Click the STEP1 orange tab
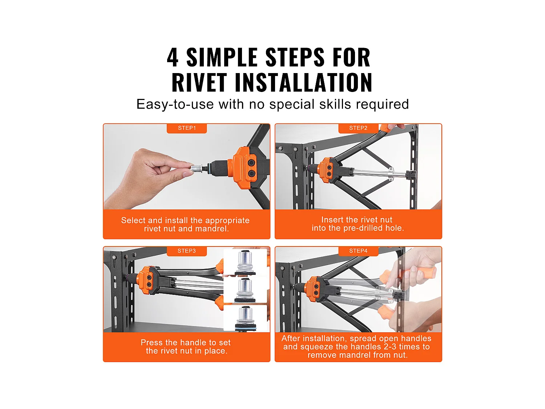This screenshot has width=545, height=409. (187, 128)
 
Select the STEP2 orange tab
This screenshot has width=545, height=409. (358, 128)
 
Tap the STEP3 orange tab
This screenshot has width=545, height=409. (187, 251)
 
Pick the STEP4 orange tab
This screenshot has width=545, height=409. (358, 251)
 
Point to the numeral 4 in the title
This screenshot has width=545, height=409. (173, 58)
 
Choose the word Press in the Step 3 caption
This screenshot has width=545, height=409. (152, 342)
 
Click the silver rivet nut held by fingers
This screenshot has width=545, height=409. (197, 168)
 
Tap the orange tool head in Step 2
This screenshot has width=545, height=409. (326, 170)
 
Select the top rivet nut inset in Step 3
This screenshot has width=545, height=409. (245, 262)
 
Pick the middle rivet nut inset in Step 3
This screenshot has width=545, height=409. (245, 290)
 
